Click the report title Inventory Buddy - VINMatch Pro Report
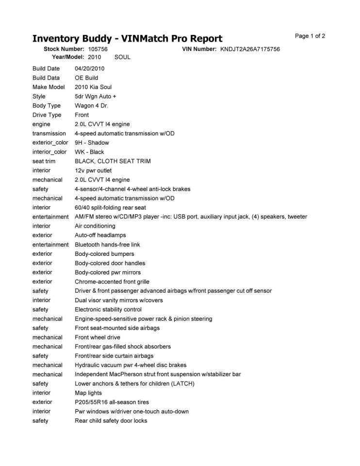pos(127,39)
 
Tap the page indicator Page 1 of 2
pos(310,36)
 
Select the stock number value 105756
pos(98,49)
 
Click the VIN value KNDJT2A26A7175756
pos(250,49)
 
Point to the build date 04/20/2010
pos(90,68)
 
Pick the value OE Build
pos(86,78)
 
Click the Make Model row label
pos(49,87)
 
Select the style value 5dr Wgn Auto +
pos(96,96)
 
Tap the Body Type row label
pos(47,105)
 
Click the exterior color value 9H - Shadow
pos(92,143)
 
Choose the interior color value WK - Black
pos(89,152)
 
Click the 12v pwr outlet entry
pos(93,170)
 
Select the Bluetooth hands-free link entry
pos(107,245)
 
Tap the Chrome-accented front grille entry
pos(112,282)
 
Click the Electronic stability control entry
pos(108,309)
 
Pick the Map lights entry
pos(88,393)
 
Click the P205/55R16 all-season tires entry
pos(112,402)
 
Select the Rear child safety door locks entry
pos(111,420)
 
